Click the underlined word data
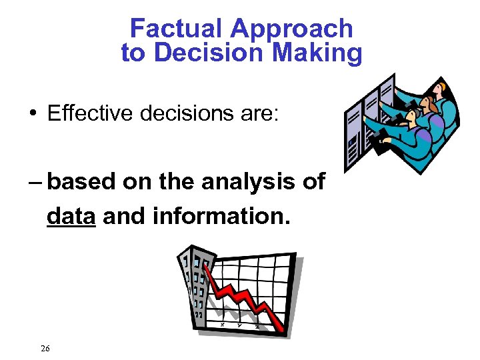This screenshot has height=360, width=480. click(71, 216)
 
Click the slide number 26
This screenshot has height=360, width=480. click(45, 348)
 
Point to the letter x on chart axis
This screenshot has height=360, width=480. click(222, 324)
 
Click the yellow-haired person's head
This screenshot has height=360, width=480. click(440, 89)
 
